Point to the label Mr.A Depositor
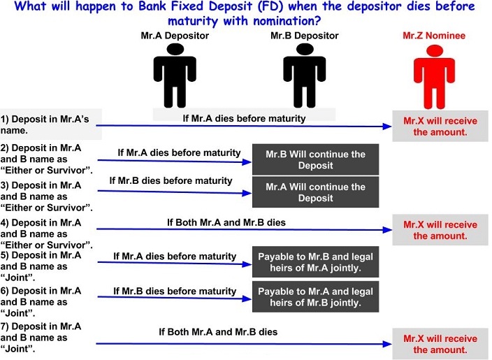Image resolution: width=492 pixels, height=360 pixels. coord(172,34)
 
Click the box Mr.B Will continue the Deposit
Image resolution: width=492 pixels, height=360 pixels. coord(315,159)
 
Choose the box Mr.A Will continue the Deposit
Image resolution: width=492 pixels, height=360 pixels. coord(315,192)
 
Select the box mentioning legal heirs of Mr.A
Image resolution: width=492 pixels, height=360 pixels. coord(315,262)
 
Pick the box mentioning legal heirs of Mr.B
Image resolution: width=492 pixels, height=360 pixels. coord(315,296)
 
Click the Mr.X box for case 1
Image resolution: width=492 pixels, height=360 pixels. coord(440,126)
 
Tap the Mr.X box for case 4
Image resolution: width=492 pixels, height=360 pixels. coord(440,230)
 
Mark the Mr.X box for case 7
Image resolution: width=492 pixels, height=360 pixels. coord(440,343)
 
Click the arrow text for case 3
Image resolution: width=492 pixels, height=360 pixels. coord(171,180)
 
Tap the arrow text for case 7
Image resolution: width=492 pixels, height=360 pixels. coord(218,331)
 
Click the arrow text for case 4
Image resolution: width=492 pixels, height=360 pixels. coord(226,222)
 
